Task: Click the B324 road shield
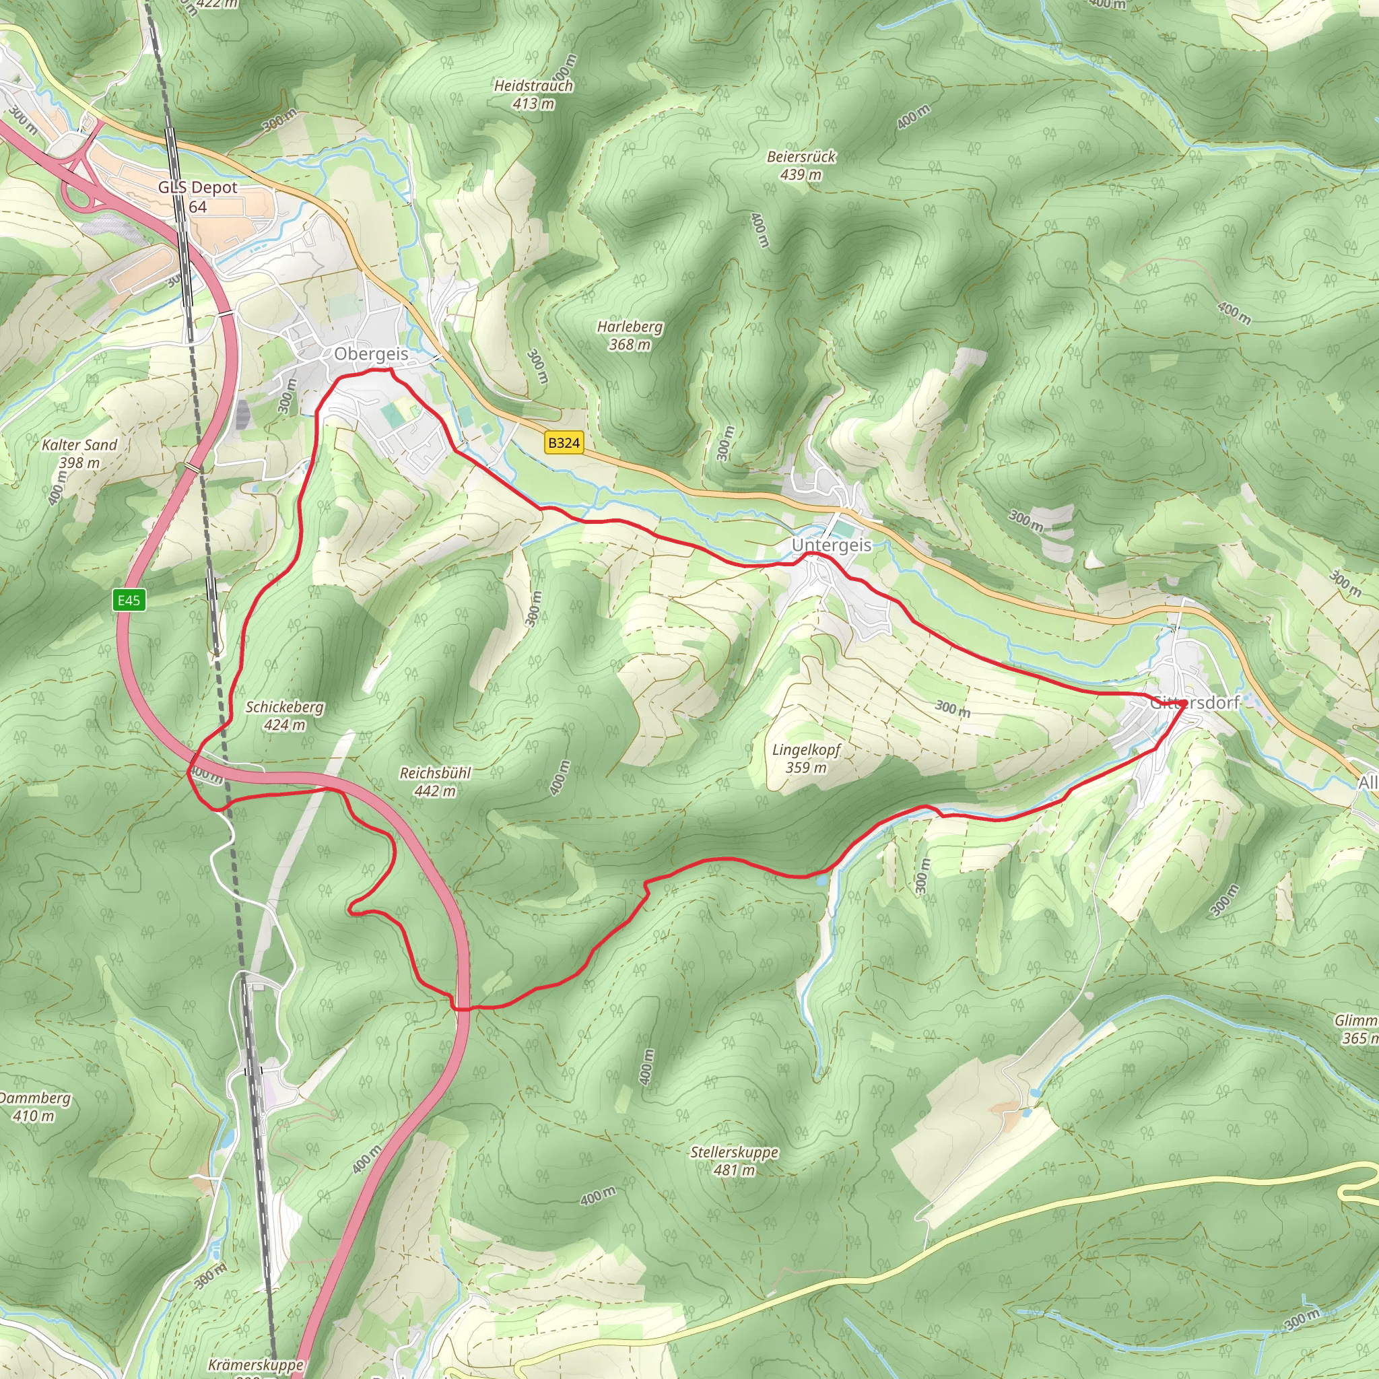(563, 442)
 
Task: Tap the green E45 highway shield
(129, 599)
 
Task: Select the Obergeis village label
(371, 354)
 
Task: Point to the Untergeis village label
(832, 545)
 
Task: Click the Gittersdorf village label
(1194, 702)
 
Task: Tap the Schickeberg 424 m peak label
(284, 715)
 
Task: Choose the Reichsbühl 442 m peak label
(435, 782)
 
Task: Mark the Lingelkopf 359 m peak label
(806, 758)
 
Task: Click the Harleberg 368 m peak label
(630, 335)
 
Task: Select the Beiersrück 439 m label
(801, 165)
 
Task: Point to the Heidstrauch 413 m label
(533, 94)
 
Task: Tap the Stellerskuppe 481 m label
(734, 1161)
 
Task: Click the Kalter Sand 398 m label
(79, 453)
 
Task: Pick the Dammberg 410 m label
(34, 1106)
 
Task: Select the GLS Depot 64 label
(198, 197)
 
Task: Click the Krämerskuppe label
(255, 1365)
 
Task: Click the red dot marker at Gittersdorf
(1182, 704)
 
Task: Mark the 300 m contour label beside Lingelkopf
(952, 708)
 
